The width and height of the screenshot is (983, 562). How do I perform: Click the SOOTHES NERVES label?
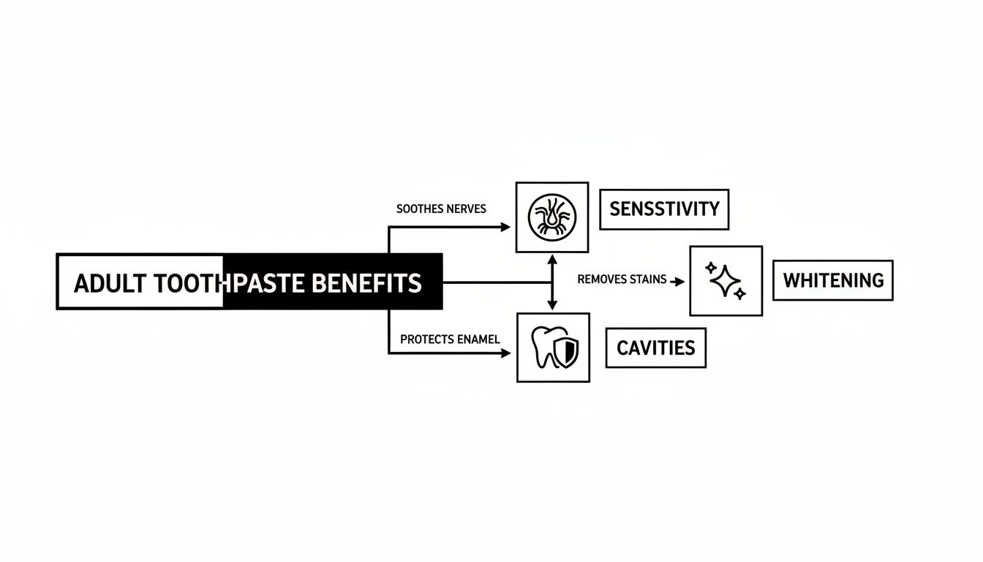(x=441, y=209)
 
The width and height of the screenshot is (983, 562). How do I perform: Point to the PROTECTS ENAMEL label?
(x=450, y=340)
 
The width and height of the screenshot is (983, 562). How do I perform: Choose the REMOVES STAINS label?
(x=622, y=280)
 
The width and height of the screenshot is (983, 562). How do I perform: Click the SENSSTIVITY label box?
(x=664, y=209)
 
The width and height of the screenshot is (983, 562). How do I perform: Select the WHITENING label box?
(x=833, y=280)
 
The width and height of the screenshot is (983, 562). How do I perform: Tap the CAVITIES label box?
(x=655, y=348)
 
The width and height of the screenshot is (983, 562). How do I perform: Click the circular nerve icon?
(x=552, y=217)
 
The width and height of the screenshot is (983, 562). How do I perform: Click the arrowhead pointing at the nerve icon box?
(x=505, y=227)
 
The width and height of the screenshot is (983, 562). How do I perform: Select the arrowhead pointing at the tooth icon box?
(x=505, y=353)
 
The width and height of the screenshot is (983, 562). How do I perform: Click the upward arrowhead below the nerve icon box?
(x=552, y=259)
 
